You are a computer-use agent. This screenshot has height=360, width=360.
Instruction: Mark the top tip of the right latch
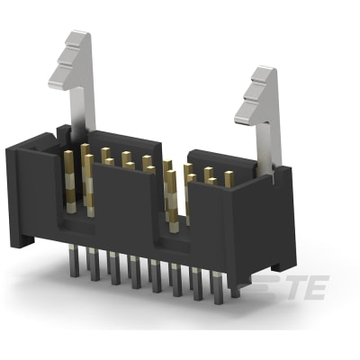(x=262, y=71)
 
